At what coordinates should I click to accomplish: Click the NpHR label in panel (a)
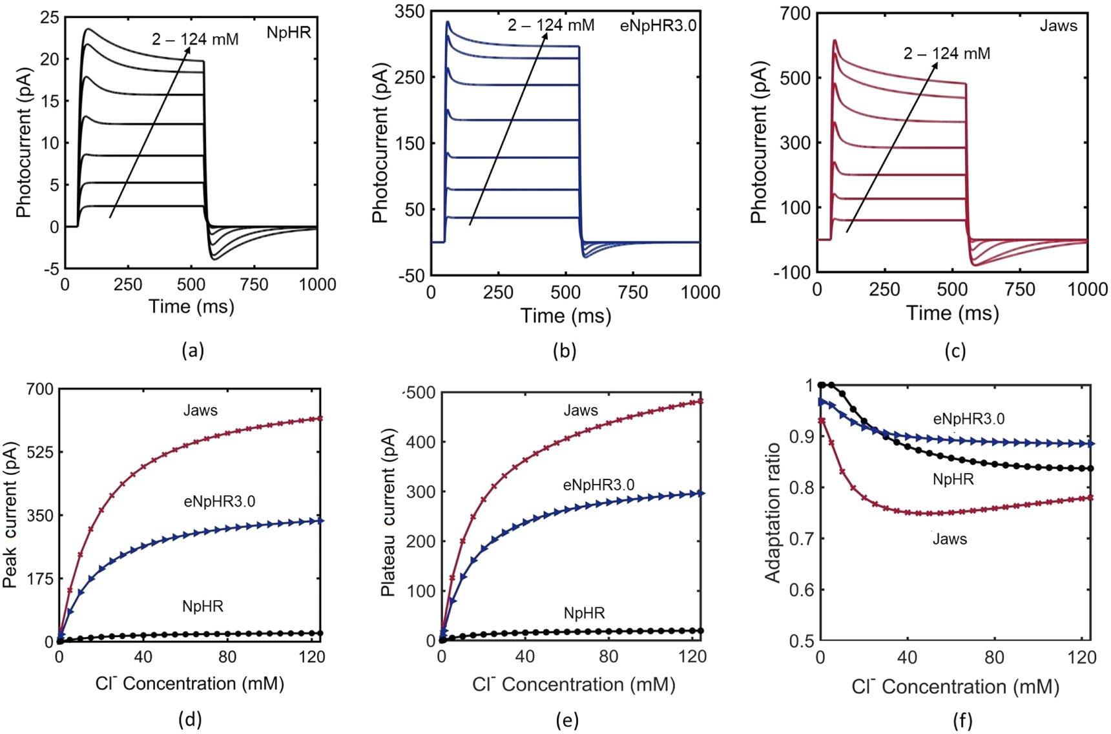click(289, 32)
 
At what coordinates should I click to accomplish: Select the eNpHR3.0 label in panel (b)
click(658, 26)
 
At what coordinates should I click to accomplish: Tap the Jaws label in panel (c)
click(1058, 26)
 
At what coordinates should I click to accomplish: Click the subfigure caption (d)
click(190, 719)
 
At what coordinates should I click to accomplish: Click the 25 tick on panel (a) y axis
click(49, 17)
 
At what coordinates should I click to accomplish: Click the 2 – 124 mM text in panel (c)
click(946, 54)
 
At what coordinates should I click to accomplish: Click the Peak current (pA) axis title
click(10, 514)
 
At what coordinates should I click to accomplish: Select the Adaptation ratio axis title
click(773, 514)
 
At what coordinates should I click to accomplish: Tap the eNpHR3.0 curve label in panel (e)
click(598, 485)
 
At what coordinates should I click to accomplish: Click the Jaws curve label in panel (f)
click(950, 539)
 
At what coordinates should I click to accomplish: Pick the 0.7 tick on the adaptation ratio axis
click(800, 538)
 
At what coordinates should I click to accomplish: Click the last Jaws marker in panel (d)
click(320, 419)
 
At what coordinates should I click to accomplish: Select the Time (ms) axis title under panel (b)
click(565, 315)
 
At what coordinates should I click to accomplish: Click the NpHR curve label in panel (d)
click(202, 606)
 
